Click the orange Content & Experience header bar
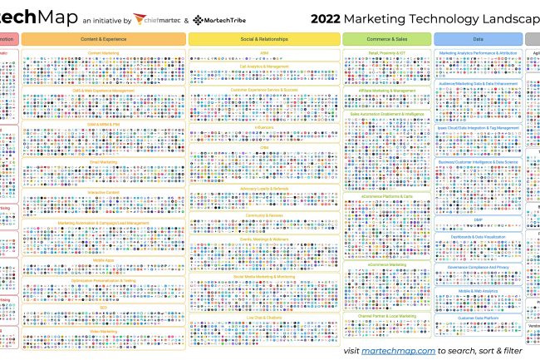click(104, 39)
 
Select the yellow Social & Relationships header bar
click(263, 39)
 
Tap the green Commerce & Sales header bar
click(386, 39)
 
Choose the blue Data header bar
click(478, 39)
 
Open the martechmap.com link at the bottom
click(398, 351)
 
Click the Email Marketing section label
click(104, 162)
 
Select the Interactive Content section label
click(104, 192)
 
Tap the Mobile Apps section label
click(104, 260)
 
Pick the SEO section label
click(104, 307)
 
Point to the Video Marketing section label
click(104, 330)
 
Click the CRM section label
click(263, 148)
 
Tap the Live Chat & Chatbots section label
click(263, 318)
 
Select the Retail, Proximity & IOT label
click(386, 52)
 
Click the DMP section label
click(479, 219)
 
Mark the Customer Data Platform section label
click(479, 318)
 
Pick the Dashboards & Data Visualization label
click(479, 238)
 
